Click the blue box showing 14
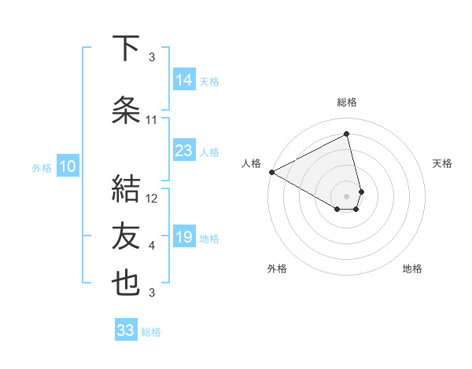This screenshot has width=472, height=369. click(184, 80)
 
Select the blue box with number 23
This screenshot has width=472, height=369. click(184, 151)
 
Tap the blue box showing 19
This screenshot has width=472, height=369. click(184, 237)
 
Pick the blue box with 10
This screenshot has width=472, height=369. click(68, 166)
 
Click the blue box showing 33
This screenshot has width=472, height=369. click(126, 331)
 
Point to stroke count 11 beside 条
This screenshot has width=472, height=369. click(152, 120)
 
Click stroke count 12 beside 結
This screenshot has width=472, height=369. click(152, 199)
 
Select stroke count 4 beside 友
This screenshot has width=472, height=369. click(152, 246)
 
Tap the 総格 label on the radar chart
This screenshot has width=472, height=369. click(347, 102)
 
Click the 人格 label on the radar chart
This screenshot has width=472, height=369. click(252, 163)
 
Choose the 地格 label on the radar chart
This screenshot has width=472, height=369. click(412, 269)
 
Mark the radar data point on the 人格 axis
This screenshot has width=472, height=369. click(271, 172)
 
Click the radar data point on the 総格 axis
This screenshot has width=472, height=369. click(347, 133)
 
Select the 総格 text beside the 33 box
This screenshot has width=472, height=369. click(151, 332)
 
